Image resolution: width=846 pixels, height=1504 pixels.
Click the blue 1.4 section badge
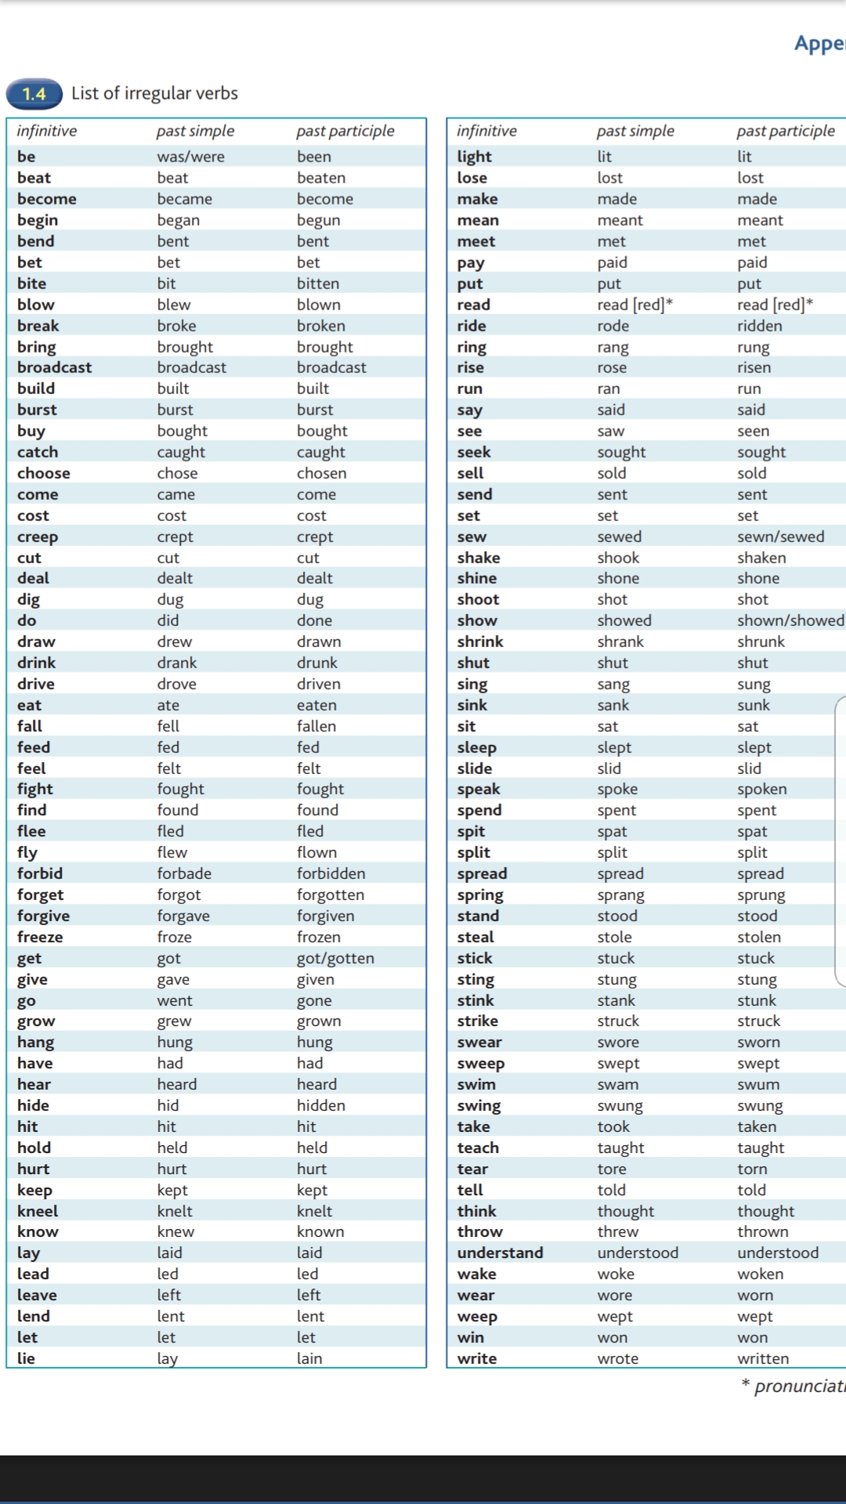tap(34, 94)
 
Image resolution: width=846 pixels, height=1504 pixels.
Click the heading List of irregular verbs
tap(154, 93)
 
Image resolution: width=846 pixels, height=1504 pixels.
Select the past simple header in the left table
tap(195, 131)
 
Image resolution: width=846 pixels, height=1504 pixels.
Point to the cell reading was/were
tap(190, 157)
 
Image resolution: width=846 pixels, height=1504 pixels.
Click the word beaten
tap(321, 178)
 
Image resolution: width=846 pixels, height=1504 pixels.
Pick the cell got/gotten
tap(335, 958)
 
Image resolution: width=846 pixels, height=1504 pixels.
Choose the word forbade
tap(184, 873)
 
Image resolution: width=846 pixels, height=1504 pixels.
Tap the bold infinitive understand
tap(500, 1253)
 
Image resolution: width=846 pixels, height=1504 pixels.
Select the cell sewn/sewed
tap(780, 537)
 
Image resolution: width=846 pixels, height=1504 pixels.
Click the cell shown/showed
tap(790, 620)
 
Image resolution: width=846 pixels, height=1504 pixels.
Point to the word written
tap(763, 1358)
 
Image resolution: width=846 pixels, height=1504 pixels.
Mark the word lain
tap(309, 1358)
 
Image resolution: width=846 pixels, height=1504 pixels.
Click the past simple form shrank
tap(620, 642)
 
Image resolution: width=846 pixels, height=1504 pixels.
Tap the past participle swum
tap(758, 1084)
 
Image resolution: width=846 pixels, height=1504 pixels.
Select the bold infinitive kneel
tap(38, 1211)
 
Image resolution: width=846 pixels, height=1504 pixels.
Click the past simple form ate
tap(168, 705)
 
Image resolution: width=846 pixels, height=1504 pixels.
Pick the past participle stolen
tap(759, 937)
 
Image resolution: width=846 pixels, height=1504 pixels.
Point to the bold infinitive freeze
tap(40, 937)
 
